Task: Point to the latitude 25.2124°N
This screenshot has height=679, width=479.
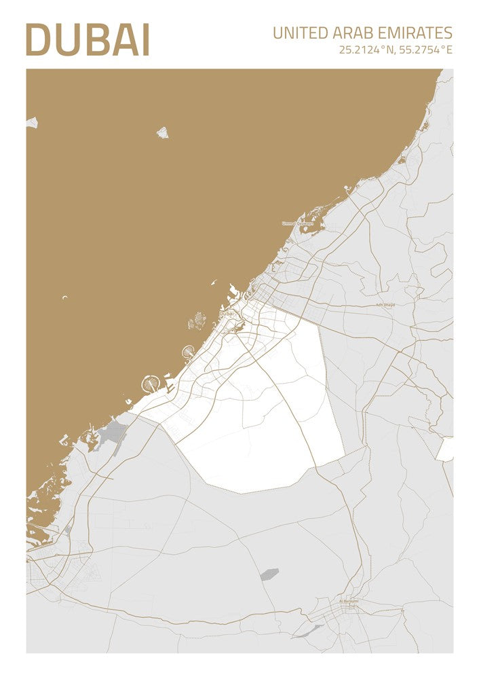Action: point(368,50)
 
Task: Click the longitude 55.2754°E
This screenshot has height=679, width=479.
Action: point(425,50)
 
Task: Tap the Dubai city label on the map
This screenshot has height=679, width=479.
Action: point(227,313)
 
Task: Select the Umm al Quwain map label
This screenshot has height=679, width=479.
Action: point(298,223)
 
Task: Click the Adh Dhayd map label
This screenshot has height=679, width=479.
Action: point(385,305)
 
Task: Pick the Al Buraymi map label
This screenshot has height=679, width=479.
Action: point(349,600)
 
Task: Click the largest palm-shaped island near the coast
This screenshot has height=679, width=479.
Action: point(149,384)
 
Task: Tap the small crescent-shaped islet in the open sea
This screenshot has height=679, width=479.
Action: point(65,297)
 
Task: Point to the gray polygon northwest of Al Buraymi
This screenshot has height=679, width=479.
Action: point(269,574)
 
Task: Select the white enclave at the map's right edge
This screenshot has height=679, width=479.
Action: point(445,449)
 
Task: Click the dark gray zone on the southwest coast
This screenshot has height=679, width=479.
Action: point(113,432)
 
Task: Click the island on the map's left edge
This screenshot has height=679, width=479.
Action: point(31,123)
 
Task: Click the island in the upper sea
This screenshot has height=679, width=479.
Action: point(163,132)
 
